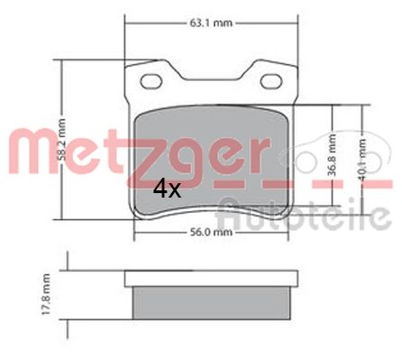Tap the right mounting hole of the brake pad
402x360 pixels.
pos(271,82)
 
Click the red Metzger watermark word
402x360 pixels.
pos(135,149)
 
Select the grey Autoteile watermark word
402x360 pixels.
pos(306,217)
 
